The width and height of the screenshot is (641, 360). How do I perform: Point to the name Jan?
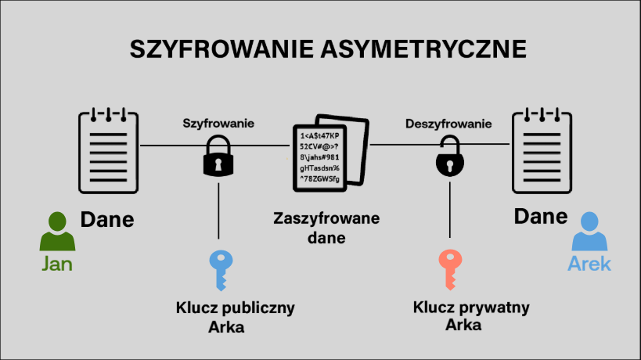pos(57,264)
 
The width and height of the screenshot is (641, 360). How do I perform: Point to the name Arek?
pos(589,264)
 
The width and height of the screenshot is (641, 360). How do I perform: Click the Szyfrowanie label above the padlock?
pos(218,124)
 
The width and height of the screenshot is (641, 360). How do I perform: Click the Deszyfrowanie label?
pos(448,124)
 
